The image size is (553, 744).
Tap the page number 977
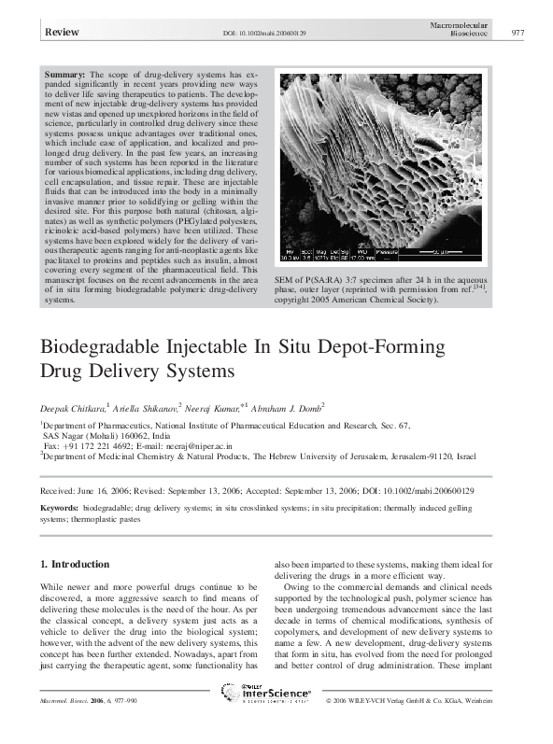tap(521, 33)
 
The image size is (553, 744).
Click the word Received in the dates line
tap(60, 488)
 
